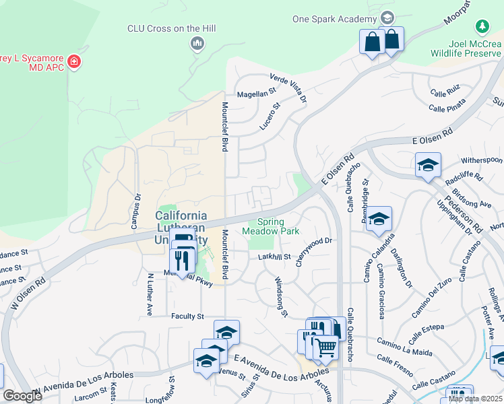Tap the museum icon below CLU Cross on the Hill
197,44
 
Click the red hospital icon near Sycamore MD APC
73,62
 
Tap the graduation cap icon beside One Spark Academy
387,18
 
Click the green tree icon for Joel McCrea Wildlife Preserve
482,27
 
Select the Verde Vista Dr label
288,88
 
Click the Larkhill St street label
274,257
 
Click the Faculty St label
187,316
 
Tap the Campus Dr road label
136,212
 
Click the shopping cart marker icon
325,347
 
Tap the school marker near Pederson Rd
428,164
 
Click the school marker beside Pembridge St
379,218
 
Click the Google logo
22,396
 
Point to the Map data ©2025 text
475,399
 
